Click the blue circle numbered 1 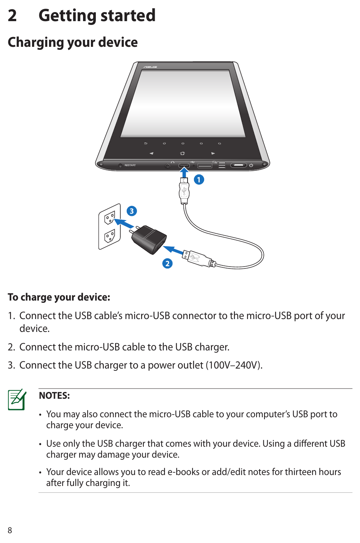[x=199, y=180]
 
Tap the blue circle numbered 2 [x=168, y=264]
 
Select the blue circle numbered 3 [x=132, y=211]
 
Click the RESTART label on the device [x=130, y=165]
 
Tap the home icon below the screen [x=182, y=153]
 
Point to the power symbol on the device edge [x=251, y=165]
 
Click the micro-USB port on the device [x=184, y=165]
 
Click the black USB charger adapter [x=149, y=239]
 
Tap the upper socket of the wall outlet [x=109, y=217]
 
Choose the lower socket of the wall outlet [x=109, y=236]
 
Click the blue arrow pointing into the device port [x=185, y=173]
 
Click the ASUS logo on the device [x=150, y=67]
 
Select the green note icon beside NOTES [x=17, y=400]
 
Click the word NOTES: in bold [x=54, y=396]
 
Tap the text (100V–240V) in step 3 [x=234, y=365]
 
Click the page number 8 [x=10, y=530]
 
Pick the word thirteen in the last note [x=300, y=472]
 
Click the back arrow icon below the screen [x=146, y=143]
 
